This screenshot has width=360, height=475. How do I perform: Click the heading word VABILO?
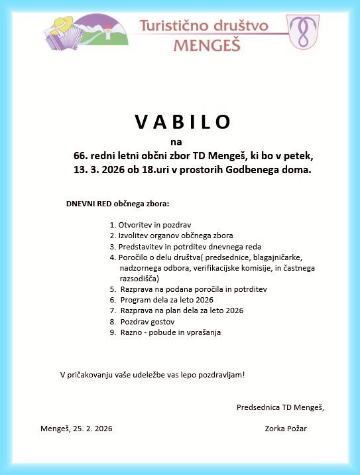coord(184,121)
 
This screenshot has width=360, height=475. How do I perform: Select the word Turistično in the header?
coord(176,26)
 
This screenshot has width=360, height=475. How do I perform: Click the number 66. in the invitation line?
coord(82,156)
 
